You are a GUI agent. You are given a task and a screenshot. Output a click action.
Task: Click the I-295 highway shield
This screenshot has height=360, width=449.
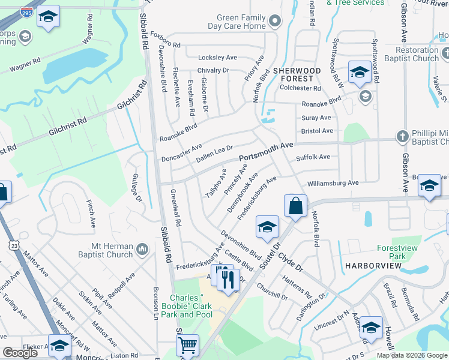[x=26, y=11]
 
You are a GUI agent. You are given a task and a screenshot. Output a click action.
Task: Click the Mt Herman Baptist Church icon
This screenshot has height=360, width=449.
[x=142, y=248]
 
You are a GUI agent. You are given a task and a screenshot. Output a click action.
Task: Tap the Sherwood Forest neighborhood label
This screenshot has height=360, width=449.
[x=293, y=74]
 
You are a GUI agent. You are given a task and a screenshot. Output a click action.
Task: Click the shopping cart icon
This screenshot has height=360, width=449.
[x=187, y=345]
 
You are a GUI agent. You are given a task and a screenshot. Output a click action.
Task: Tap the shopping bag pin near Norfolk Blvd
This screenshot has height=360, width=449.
[x=295, y=206]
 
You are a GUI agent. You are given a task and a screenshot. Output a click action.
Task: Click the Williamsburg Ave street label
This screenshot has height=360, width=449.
[x=332, y=182]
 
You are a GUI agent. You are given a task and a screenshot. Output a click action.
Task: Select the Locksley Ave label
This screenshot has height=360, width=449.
[x=217, y=58]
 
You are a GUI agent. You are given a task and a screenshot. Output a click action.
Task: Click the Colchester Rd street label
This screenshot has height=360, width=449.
[x=300, y=88]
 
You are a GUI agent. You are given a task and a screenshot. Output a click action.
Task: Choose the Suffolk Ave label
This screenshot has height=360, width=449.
[x=313, y=157]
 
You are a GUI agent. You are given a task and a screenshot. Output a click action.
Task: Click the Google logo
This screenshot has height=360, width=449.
[x=20, y=353]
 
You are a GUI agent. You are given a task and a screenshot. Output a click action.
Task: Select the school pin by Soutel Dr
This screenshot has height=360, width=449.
[x=267, y=227]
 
